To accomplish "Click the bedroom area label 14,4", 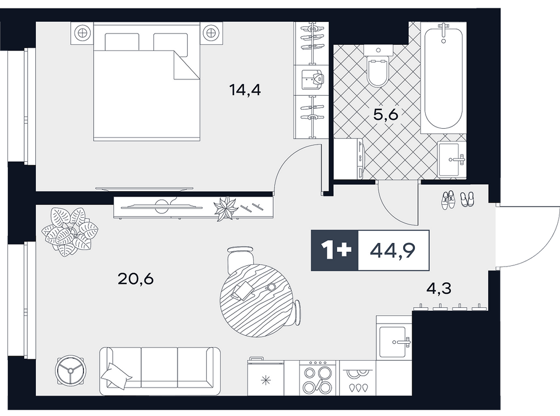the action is [245, 90].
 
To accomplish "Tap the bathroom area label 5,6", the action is [385, 115].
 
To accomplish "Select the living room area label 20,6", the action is [136, 278].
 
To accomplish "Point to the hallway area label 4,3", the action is [439, 288].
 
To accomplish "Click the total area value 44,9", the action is [393, 251].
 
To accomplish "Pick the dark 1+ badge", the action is [335, 250].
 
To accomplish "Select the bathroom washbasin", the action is [452, 159].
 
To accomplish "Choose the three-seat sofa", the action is [160, 370].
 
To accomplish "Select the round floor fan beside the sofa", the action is [71, 371].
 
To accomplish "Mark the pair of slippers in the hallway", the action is [467, 199].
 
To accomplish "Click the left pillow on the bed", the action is [122, 42].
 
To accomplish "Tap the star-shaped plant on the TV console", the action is [225, 209].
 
